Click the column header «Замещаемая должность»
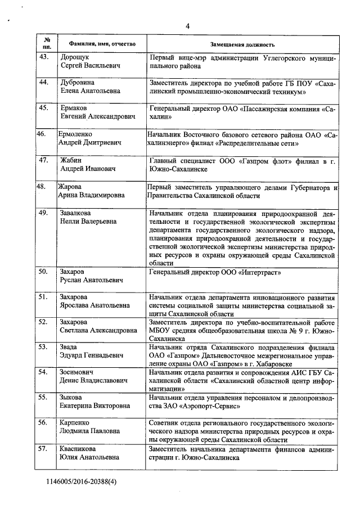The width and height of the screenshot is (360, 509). [x=242, y=44]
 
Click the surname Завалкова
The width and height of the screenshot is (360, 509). [x=78, y=214]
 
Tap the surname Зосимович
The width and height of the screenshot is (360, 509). [x=78, y=372]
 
